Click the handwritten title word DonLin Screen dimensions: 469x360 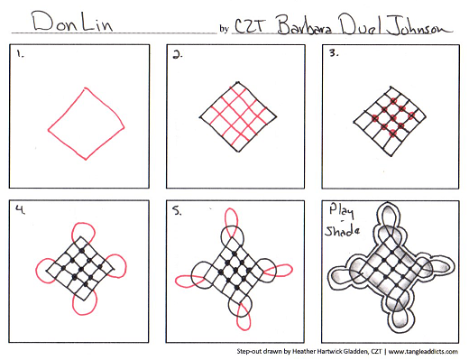pyautogui.click(x=73, y=22)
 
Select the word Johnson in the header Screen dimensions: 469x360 pyautogui.click(x=419, y=25)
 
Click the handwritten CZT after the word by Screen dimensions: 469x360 pyautogui.click(x=250, y=26)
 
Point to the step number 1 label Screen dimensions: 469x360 pyautogui.click(x=20, y=54)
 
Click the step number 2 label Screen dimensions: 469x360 pyautogui.click(x=178, y=55)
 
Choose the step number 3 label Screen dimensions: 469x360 pyautogui.click(x=334, y=53)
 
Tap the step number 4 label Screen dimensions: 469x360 pyautogui.click(x=21, y=209)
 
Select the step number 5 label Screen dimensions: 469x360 pyautogui.click(x=177, y=211)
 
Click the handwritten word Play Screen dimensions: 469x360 pyautogui.click(x=341, y=211)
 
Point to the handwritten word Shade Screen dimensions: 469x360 pyautogui.click(x=342, y=231)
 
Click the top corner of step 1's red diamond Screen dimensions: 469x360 pyautogui.click(x=86, y=88)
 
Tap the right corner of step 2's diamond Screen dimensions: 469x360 pyautogui.click(x=276, y=116)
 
